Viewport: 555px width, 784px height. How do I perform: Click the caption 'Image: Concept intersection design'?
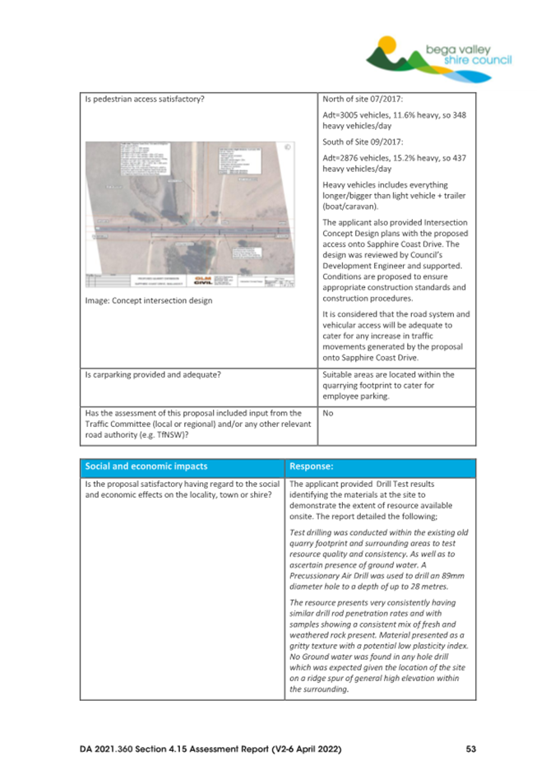[x=150, y=301]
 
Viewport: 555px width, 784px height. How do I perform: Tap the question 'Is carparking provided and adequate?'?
[x=149, y=376]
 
